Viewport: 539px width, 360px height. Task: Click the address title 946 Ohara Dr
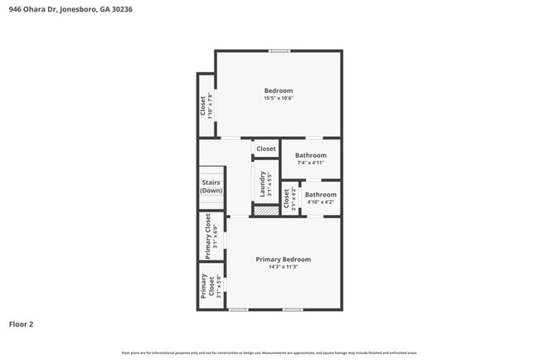tap(70, 9)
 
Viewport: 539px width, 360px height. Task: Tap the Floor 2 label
tap(22, 324)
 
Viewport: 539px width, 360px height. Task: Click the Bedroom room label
tap(279, 90)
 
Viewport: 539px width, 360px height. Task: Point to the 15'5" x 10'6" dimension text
tap(279, 99)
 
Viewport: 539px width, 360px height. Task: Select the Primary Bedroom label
tap(283, 259)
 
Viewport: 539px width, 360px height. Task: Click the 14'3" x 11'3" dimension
tap(283, 267)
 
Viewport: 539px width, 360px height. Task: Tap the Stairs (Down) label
tap(211, 187)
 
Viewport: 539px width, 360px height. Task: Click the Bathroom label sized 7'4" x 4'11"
tap(311, 155)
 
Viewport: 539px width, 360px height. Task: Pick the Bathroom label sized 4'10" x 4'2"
tap(321, 195)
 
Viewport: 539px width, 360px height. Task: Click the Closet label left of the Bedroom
tap(202, 105)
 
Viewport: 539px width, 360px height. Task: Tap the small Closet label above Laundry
tap(266, 149)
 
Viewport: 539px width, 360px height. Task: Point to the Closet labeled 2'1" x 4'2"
tap(287, 198)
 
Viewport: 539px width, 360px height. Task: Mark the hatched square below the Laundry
tap(265, 212)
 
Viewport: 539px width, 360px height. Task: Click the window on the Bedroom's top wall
tap(279, 51)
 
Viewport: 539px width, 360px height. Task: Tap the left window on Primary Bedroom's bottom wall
tap(239, 310)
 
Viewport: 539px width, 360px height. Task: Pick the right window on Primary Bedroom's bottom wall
tap(292, 310)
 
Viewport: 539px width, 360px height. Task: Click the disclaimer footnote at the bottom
tap(269, 353)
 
